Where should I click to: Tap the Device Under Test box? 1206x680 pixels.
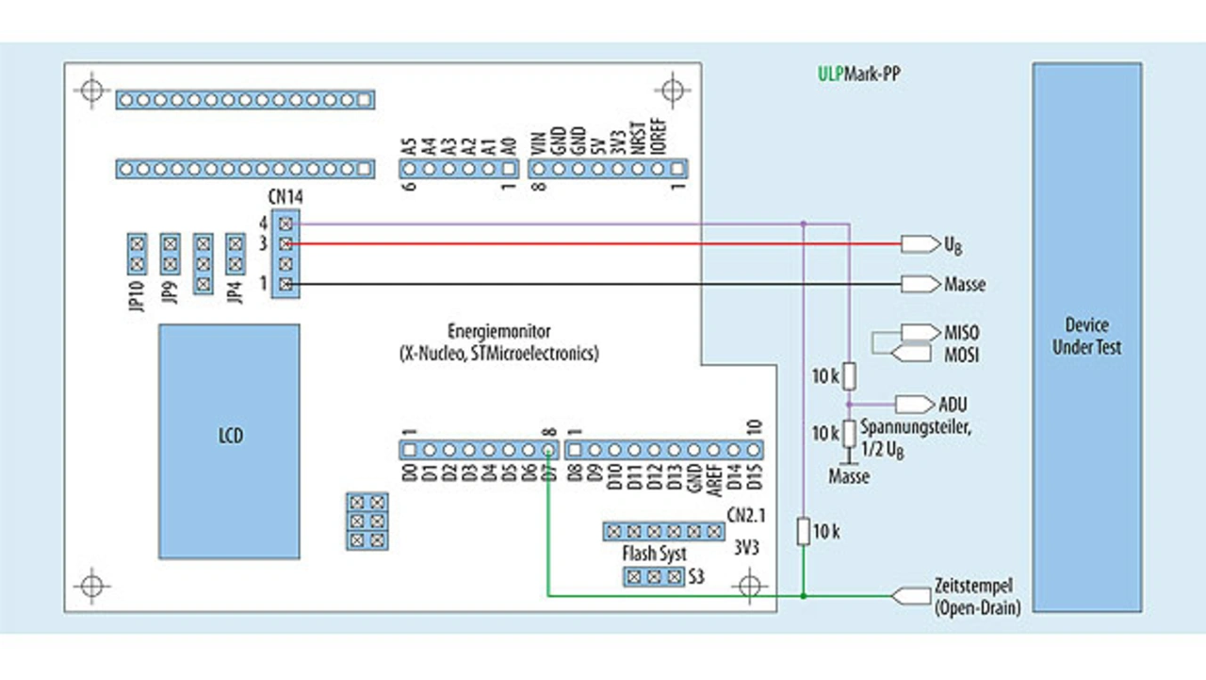coord(1086,337)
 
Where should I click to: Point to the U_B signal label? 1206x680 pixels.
coord(953,245)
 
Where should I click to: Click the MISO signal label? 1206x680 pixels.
coord(961,332)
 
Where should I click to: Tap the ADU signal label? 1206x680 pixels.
coord(953,405)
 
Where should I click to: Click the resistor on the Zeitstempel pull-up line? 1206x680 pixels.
coord(803,531)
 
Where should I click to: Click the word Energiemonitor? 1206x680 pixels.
coord(499,332)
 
